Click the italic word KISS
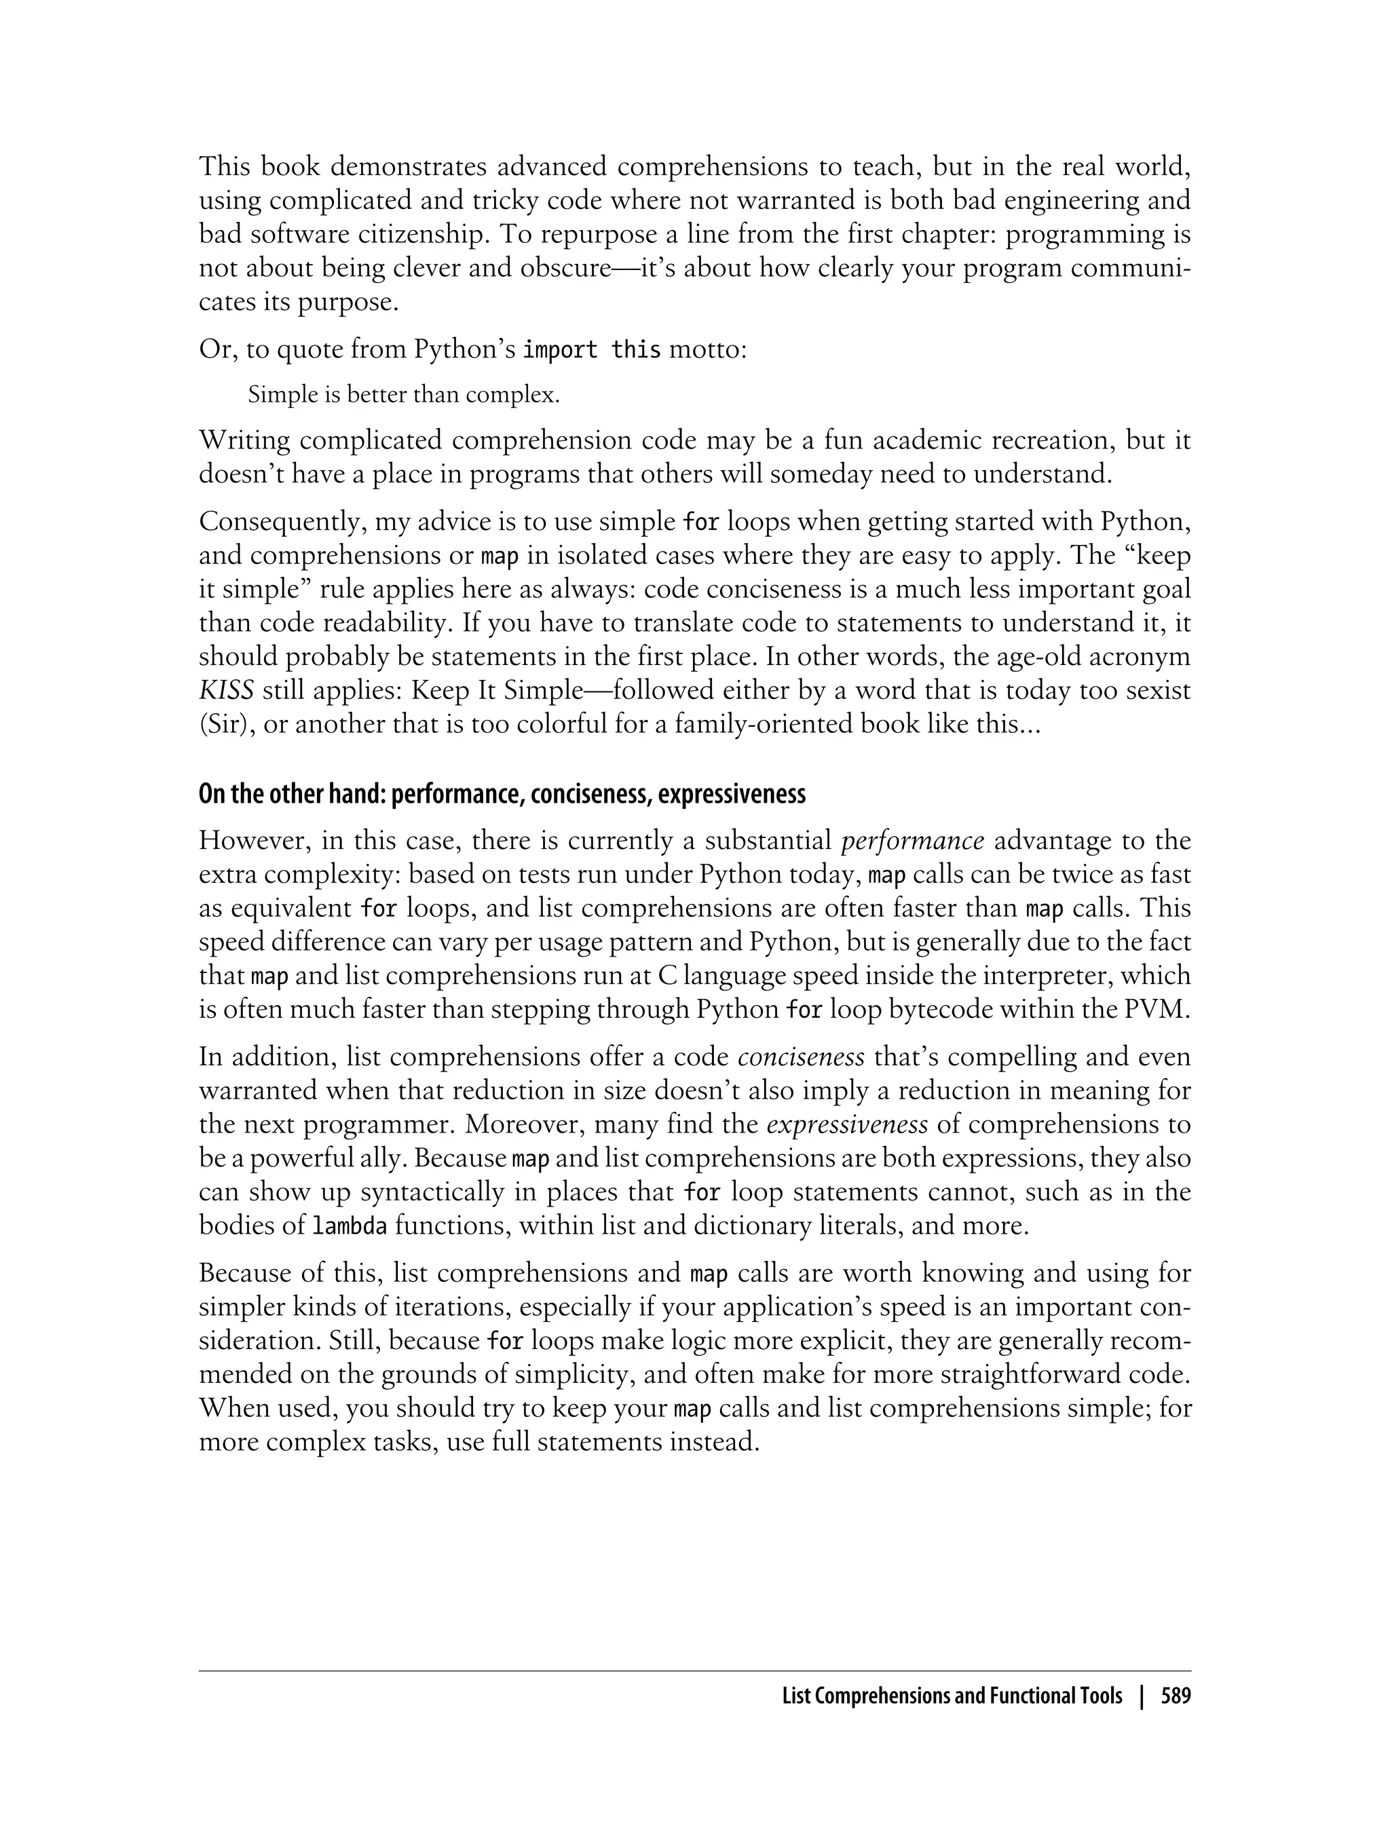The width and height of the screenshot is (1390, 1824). tap(226, 690)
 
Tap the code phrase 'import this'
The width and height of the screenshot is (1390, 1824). tap(593, 350)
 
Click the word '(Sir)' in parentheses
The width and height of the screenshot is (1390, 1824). tap(223, 724)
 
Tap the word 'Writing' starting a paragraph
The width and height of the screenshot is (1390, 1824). tap(245, 440)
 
